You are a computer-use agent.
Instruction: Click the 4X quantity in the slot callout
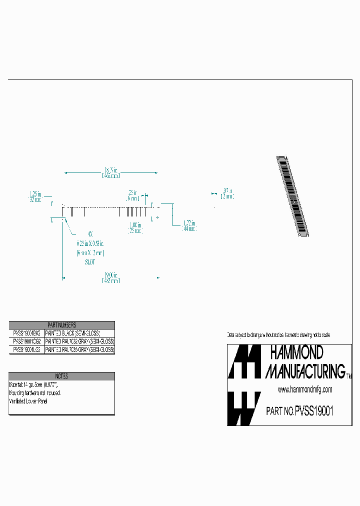(x=90, y=233)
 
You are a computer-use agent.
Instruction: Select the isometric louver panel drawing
(x=292, y=195)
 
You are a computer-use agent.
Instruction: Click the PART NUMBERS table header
(x=61, y=325)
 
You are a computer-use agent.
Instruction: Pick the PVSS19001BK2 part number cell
(x=26, y=333)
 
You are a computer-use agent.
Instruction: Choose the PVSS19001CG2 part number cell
(x=26, y=341)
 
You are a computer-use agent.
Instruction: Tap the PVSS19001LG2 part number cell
(x=26, y=350)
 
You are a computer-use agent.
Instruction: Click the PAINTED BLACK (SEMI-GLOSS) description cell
(x=73, y=333)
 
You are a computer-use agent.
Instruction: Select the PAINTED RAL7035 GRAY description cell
(x=79, y=350)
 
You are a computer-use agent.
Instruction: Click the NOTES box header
(x=61, y=376)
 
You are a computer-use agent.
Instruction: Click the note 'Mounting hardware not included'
(x=35, y=393)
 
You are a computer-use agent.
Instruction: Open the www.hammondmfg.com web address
(x=304, y=389)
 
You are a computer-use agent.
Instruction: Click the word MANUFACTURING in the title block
(x=304, y=370)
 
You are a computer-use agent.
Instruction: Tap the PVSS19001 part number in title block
(x=314, y=411)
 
